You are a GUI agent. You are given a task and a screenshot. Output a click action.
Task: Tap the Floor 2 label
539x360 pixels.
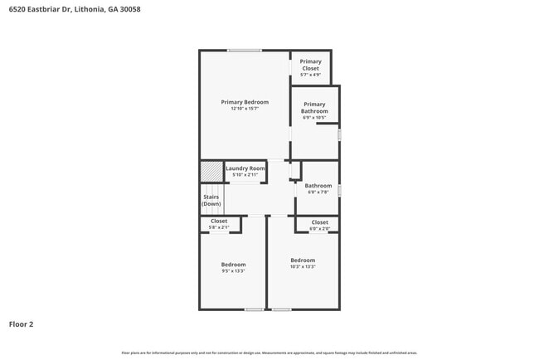click(x=22, y=324)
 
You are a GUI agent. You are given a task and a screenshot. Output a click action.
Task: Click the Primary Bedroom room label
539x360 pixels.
click(x=245, y=102)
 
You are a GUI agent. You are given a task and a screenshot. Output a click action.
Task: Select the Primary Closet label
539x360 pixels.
click(x=311, y=61)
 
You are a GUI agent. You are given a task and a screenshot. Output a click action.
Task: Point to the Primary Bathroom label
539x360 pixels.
click(x=314, y=108)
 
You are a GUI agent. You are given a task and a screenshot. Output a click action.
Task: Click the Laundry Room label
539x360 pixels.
click(x=245, y=168)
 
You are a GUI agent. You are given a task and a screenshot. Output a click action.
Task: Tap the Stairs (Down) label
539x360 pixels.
click(x=211, y=201)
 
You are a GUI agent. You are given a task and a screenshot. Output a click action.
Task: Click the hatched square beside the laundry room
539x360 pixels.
click(x=211, y=170)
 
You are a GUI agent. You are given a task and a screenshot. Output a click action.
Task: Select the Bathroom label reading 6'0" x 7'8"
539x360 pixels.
click(x=318, y=186)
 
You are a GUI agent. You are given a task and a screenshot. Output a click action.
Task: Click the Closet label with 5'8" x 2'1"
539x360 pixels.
click(x=219, y=221)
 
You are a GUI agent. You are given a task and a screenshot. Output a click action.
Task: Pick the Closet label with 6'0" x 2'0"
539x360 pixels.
click(x=320, y=222)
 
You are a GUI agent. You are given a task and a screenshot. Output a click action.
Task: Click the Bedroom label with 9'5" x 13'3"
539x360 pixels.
click(x=233, y=265)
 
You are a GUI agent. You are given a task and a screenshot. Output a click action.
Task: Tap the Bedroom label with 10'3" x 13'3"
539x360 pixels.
click(x=303, y=260)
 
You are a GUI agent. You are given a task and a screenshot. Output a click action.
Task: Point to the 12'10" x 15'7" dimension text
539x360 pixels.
click(x=245, y=109)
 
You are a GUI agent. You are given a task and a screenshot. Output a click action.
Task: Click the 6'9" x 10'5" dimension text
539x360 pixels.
click(x=314, y=118)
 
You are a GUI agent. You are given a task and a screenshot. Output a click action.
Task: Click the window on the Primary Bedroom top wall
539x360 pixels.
click(x=245, y=51)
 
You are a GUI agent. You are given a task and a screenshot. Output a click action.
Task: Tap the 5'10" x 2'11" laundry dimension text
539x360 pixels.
click(x=245, y=175)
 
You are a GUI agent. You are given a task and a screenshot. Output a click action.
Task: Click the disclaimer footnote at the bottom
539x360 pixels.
click(x=269, y=353)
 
